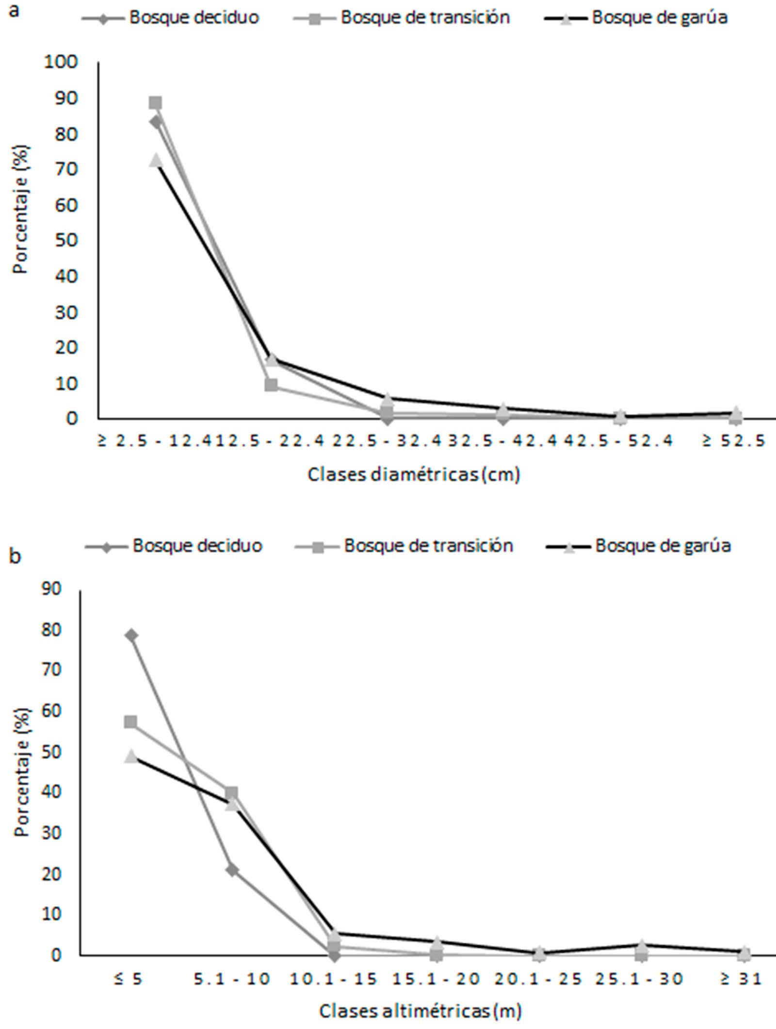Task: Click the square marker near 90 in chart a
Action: click(x=155, y=103)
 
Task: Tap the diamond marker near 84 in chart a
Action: click(x=156, y=122)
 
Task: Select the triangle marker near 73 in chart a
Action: click(x=156, y=160)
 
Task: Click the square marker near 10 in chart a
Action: click(x=272, y=385)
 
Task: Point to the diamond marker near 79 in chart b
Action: click(x=131, y=635)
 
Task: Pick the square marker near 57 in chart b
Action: click(x=130, y=722)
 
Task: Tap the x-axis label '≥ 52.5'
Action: click(x=734, y=441)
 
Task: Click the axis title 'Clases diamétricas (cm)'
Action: click(x=414, y=475)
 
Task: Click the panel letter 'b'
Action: click(x=15, y=556)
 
